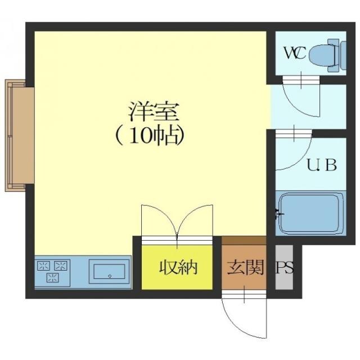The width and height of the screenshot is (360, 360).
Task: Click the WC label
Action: (x=294, y=53)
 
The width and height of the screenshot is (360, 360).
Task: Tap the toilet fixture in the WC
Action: (x=323, y=54)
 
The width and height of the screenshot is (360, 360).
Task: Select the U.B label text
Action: (x=321, y=165)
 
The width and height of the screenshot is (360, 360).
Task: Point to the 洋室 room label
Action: (x=153, y=111)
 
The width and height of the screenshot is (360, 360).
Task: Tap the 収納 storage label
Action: (x=177, y=267)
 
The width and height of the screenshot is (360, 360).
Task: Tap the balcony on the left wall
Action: (x=17, y=135)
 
